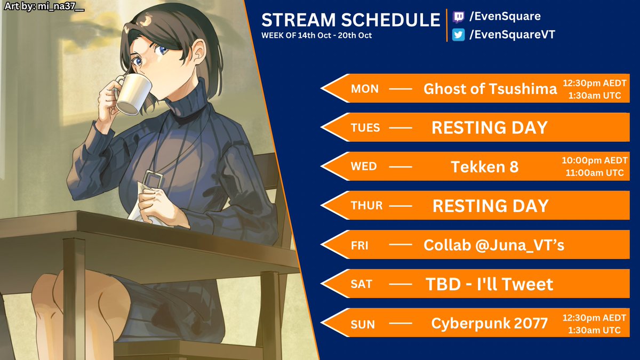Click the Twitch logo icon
(458, 17)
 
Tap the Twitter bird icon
(458, 35)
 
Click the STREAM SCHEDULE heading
(350, 20)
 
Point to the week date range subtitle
(316, 36)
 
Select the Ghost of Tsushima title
(490, 89)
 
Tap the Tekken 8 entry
(484, 166)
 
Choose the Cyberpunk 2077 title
(489, 323)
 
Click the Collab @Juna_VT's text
(493, 245)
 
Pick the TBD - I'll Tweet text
(489, 284)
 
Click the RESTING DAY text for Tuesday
(489, 127)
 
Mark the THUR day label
(366, 206)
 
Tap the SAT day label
(361, 284)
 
